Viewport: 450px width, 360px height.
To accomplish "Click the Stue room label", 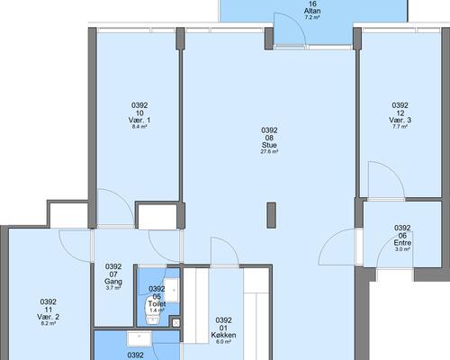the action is [x=269, y=145].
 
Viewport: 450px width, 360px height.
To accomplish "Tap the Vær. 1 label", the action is [x=139, y=120].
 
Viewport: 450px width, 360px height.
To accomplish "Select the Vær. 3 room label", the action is [x=400, y=120].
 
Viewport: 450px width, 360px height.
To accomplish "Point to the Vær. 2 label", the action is [x=49, y=317].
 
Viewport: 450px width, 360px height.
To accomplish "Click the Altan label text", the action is [x=312, y=11].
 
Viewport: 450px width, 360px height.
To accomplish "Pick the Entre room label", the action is [x=402, y=242].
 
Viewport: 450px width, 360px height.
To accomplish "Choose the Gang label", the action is [x=113, y=282].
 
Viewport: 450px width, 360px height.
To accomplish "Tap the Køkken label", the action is [x=223, y=335].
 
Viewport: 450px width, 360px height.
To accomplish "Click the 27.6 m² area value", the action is [x=269, y=152].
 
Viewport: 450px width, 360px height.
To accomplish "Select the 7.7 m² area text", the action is [x=400, y=127].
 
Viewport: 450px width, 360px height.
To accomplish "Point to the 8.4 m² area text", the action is [x=139, y=127].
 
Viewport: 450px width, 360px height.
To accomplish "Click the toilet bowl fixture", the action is [x=153, y=310].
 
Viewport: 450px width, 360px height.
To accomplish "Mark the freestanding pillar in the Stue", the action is [x=271, y=215].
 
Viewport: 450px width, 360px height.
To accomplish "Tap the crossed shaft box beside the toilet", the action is [x=176, y=323].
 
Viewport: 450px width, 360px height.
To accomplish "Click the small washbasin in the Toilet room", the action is [x=172, y=290].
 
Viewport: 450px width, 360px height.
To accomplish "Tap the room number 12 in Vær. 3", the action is [x=400, y=113].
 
